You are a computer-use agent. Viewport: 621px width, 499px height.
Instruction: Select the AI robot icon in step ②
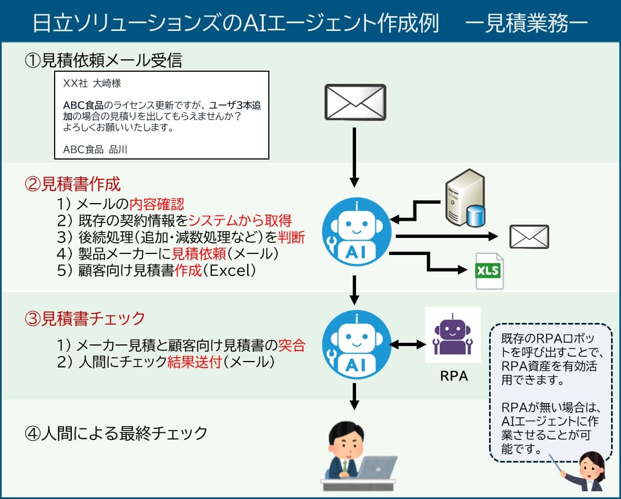tap(356, 232)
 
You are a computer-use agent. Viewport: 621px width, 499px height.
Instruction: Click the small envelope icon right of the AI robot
tap(529, 237)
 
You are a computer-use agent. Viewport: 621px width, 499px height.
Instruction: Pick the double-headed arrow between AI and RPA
tap(408, 345)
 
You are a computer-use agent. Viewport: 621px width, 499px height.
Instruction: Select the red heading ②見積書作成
tap(73, 183)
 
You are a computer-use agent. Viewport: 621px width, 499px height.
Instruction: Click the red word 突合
tap(292, 346)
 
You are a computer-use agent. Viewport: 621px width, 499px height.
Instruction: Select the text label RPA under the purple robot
tap(454, 376)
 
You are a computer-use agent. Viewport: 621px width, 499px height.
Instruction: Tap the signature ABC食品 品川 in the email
tap(95, 149)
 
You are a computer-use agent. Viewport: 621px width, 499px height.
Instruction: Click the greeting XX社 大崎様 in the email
tap(92, 83)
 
